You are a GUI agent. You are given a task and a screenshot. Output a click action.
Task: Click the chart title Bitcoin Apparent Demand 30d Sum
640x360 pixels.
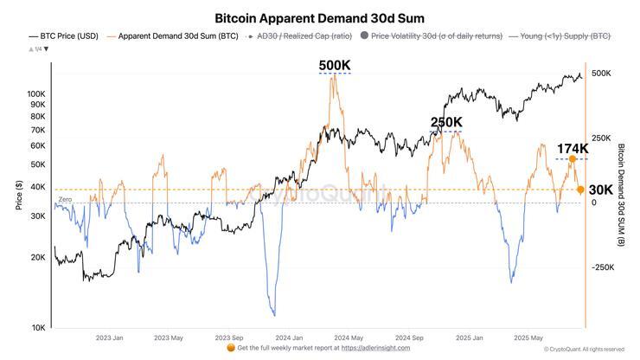(x=319, y=17)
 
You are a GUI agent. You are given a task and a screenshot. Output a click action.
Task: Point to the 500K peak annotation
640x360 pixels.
(x=335, y=66)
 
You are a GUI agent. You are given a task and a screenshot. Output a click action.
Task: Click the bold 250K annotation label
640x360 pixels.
(x=446, y=122)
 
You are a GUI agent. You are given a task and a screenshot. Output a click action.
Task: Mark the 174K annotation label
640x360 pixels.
(x=572, y=149)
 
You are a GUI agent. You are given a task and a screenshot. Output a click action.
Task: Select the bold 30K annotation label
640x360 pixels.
(x=601, y=190)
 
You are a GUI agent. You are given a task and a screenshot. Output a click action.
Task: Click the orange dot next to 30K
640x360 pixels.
(x=580, y=190)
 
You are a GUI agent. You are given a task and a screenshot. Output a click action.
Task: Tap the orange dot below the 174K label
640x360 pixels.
(x=572, y=159)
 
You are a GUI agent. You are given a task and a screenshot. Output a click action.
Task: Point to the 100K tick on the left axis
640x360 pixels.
(x=36, y=93)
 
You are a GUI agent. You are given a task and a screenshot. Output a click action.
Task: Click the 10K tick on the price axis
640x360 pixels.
(x=39, y=327)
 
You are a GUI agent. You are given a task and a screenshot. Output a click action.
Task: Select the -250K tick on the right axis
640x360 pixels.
(x=602, y=267)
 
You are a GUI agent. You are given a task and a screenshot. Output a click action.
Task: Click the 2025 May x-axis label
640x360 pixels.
(x=528, y=337)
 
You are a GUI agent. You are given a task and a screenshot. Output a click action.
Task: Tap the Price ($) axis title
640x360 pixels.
(x=19, y=196)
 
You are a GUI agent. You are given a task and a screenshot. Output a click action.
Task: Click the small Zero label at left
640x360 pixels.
(x=65, y=200)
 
